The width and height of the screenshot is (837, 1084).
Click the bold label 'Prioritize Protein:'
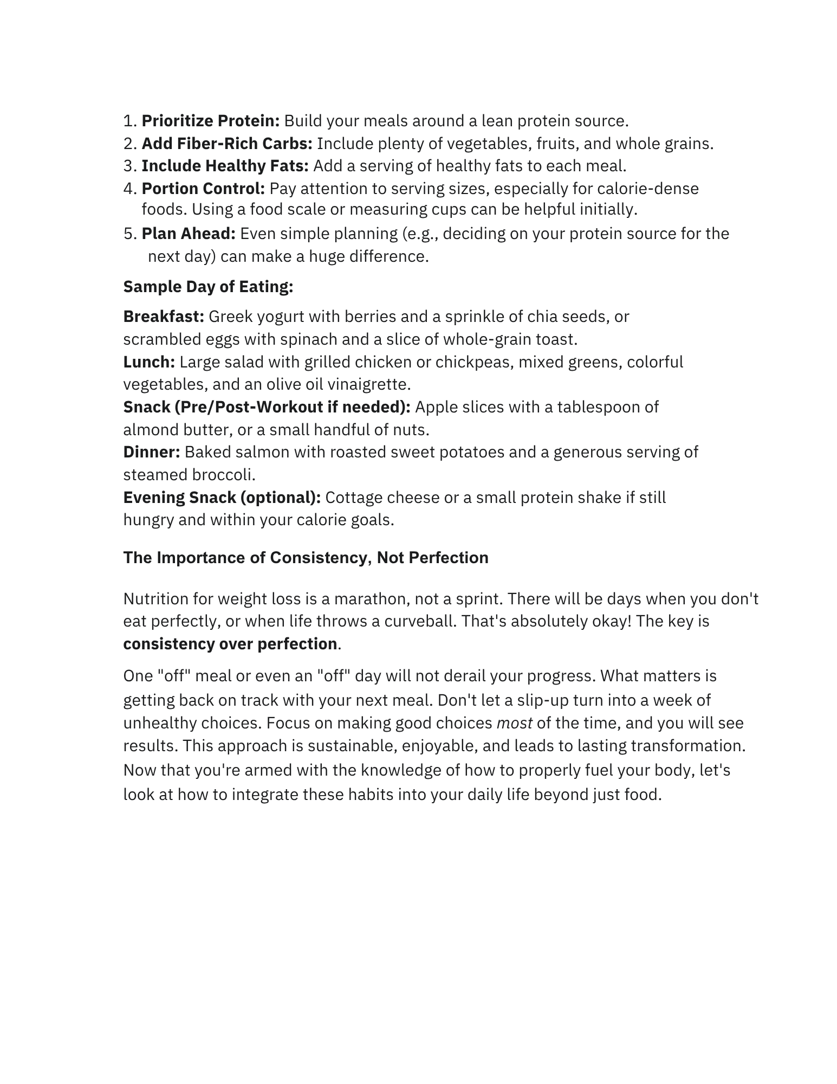pos(210,121)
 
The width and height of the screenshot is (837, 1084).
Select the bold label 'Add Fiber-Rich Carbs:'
pos(227,144)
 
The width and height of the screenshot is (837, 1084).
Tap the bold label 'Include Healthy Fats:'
pos(225,166)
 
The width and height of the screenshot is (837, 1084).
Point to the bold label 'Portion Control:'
pos(203,189)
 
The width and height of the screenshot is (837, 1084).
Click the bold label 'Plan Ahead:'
pos(189,234)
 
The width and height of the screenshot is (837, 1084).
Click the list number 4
pos(129,189)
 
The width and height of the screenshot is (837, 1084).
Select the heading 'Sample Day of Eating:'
pos(208,287)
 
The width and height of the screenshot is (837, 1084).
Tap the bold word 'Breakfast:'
pos(164,317)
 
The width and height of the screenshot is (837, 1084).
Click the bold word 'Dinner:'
pos(152,452)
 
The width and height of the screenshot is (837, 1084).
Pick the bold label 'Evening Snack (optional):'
pos(222,498)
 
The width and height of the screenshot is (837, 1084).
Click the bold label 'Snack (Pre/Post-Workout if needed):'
pos(267,407)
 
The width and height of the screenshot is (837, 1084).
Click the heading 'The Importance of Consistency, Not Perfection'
pos(306,558)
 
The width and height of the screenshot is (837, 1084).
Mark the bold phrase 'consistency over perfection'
pos(230,644)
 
